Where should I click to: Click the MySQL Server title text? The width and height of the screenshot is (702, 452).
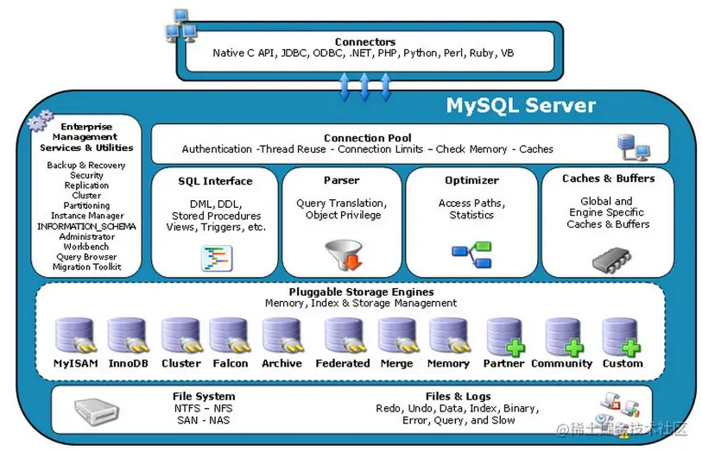pos(521,106)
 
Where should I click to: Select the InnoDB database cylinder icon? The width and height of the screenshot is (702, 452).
pos(126,336)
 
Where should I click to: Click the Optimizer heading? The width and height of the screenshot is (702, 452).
pos(471,180)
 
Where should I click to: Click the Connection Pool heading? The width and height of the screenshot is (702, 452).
pos(367,138)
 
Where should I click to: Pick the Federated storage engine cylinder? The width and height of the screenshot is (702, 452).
pos(343,336)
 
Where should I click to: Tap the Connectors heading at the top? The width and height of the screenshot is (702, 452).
pos(365,41)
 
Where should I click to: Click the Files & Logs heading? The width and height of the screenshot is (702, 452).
pos(458,397)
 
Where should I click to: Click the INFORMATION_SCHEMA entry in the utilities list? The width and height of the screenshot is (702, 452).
pos(86,226)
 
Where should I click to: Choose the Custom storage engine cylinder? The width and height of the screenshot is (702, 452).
pos(621,337)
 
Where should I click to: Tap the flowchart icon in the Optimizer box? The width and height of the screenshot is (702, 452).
pos(471,254)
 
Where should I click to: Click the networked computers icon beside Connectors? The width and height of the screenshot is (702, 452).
pos(180,27)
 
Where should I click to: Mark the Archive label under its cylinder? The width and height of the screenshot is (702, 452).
pos(282,363)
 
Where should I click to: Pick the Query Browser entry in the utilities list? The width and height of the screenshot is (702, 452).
pos(86,257)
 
